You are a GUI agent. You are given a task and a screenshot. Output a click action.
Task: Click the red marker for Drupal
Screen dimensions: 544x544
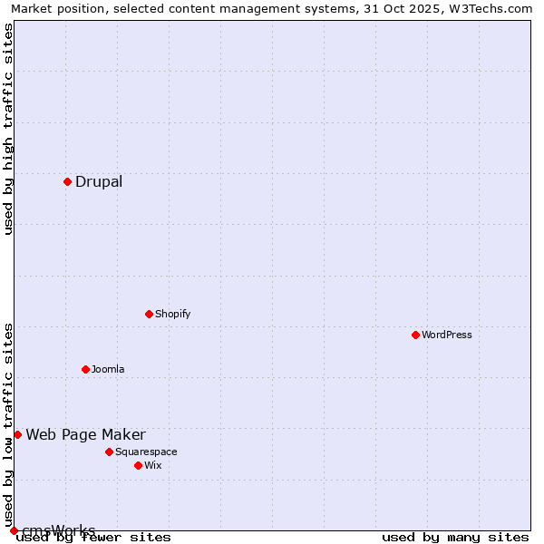coord(67,181)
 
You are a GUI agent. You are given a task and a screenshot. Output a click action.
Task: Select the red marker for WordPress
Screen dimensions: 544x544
coord(415,335)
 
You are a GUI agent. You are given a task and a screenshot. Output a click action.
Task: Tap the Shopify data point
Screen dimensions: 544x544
coord(149,314)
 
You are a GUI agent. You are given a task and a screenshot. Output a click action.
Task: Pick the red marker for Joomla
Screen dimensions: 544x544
coord(85,369)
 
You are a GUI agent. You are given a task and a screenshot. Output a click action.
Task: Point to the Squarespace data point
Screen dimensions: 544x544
coord(109,452)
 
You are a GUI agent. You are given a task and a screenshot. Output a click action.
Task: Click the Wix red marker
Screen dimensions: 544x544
coord(138,465)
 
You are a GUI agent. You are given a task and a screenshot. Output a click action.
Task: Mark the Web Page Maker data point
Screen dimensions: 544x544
coord(17,434)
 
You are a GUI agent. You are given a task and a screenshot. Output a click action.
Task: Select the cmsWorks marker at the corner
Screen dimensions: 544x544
coord(14,530)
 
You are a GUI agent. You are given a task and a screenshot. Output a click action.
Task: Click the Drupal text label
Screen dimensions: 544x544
coord(99,181)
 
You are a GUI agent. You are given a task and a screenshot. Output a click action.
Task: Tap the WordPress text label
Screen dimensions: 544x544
coord(447,335)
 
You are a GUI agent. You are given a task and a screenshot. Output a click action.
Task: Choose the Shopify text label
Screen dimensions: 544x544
coord(173,314)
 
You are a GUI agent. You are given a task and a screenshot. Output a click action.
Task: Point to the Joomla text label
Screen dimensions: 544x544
coord(108,369)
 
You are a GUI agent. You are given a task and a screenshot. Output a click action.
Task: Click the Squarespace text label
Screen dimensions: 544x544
coord(146,452)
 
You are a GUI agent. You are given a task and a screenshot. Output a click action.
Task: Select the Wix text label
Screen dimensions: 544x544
coord(153,465)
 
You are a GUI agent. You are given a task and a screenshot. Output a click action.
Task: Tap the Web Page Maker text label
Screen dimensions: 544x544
coord(85,434)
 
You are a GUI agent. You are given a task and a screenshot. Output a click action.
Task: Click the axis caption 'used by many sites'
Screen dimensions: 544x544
coord(455,537)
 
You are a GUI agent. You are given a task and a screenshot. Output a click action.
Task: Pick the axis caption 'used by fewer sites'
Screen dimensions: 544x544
coord(93,537)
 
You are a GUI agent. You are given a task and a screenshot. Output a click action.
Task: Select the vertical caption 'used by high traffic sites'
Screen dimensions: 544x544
coord(8,129)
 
